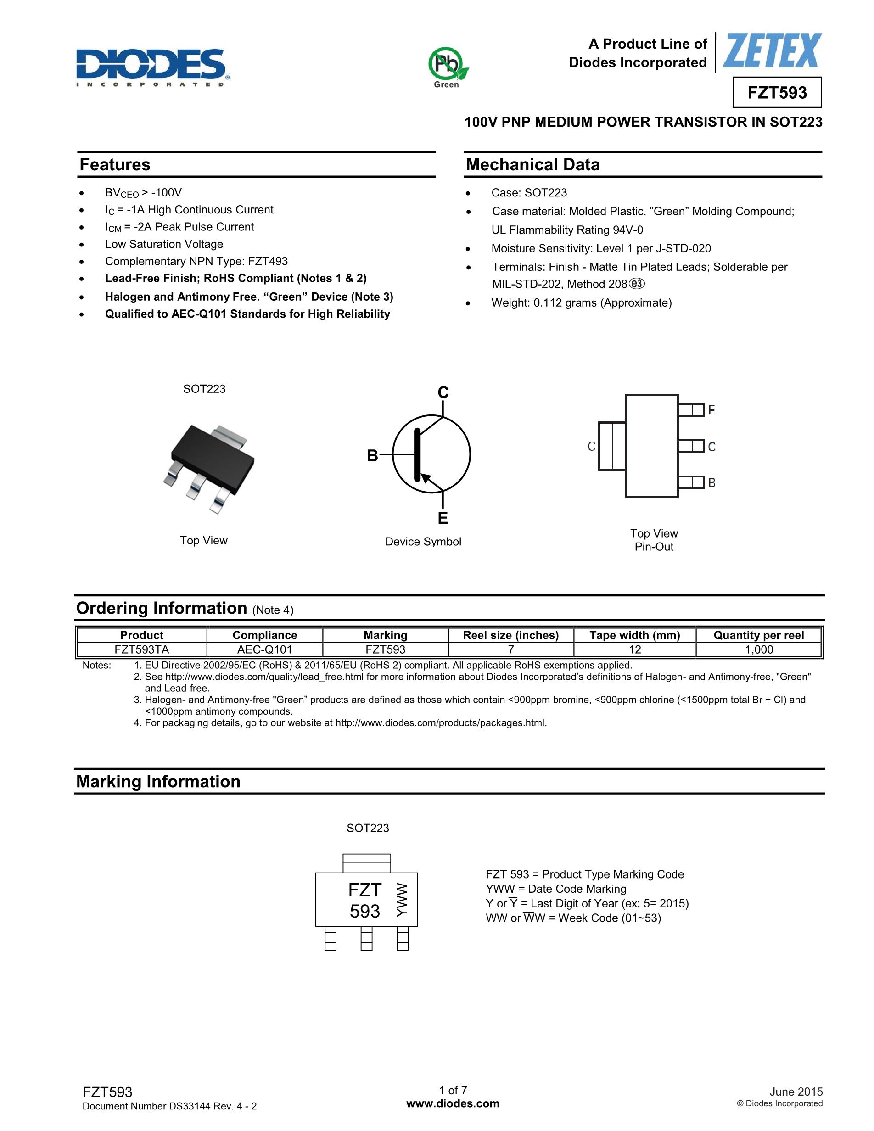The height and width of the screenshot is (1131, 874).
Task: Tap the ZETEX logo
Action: [772, 51]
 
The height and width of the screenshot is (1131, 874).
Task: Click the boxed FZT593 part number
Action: [777, 93]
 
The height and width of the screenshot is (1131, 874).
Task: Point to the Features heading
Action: [115, 165]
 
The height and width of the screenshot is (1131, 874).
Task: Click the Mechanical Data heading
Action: [532, 165]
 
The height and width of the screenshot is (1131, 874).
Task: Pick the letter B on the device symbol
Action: [372, 455]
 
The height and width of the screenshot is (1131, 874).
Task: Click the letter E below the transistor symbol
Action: [442, 518]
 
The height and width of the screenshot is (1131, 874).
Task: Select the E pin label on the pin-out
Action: [712, 410]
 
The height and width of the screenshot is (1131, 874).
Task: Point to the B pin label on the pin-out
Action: [712, 482]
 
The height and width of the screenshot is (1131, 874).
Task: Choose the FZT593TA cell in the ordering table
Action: [142, 649]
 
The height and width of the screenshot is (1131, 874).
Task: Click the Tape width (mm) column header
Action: [634, 635]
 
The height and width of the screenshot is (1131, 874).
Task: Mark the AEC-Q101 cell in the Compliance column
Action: [264, 649]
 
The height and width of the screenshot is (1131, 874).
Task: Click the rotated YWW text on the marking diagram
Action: [402, 900]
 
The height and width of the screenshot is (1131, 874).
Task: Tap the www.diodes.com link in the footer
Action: [453, 1103]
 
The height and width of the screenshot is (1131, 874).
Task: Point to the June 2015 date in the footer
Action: [796, 1092]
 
